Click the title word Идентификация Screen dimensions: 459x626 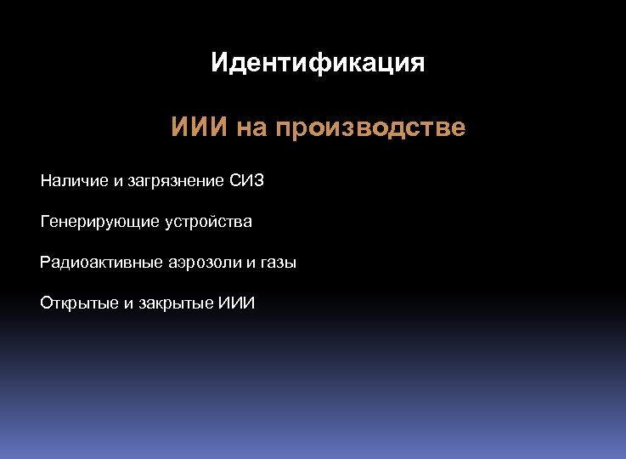[x=318, y=64]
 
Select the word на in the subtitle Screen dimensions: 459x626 [x=252, y=128]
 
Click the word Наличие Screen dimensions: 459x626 [x=74, y=180]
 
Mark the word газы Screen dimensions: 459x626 [x=278, y=263]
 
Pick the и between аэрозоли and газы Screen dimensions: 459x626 [x=251, y=263]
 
